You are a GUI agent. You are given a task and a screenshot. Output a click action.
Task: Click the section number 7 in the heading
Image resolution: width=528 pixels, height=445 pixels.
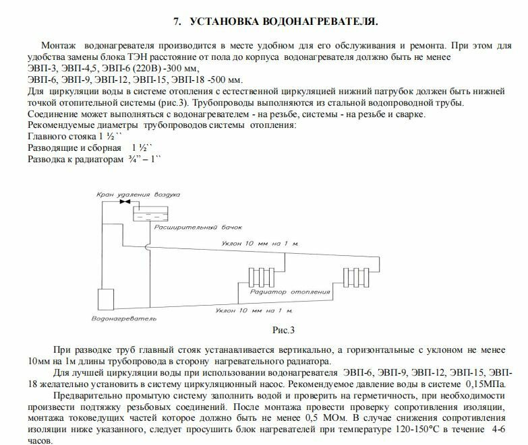[x=177, y=22]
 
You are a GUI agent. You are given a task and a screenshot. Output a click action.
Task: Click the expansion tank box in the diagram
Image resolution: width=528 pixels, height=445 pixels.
[x=149, y=213]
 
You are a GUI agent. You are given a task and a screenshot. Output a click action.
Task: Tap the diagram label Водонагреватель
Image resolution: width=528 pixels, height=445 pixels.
[x=124, y=318]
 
